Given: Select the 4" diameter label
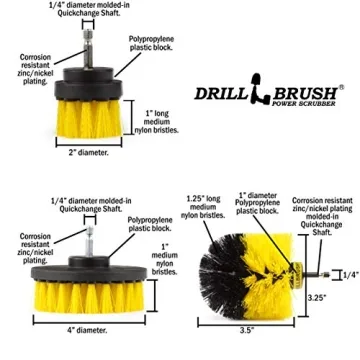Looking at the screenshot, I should tap(86, 329).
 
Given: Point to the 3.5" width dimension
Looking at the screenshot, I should tap(247, 329).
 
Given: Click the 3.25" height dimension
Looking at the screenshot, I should tap(316, 297).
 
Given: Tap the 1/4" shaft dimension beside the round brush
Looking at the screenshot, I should tap(351, 274).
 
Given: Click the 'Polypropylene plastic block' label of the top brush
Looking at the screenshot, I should tap(141, 45).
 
